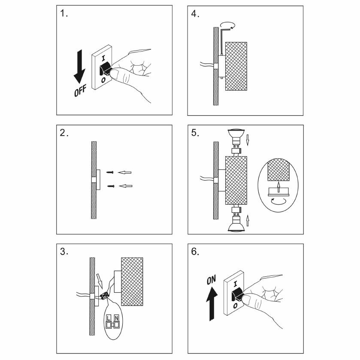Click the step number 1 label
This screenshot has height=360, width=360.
[x=64, y=14]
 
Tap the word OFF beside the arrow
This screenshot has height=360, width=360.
[x=80, y=90]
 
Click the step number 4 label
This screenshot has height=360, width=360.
[x=195, y=14]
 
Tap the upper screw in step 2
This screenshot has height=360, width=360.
[x=111, y=172]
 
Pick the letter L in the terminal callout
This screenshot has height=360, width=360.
[x=109, y=318]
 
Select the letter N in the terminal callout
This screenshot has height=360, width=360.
[x=116, y=318]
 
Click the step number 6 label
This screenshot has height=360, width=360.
[x=195, y=251]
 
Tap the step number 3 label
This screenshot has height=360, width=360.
[x=64, y=251]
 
